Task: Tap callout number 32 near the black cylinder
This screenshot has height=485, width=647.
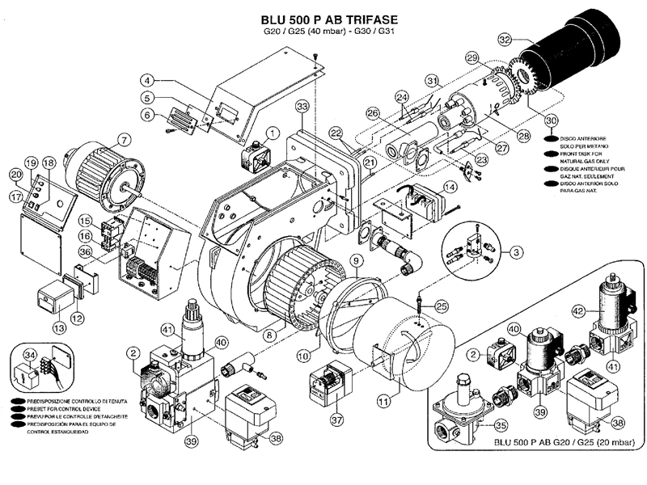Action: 505,38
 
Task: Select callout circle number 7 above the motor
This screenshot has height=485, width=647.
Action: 124,139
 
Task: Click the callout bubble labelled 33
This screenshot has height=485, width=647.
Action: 302,106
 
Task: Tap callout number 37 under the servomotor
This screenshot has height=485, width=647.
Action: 336,420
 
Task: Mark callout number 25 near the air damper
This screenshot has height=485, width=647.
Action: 441,306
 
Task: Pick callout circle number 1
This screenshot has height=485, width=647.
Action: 273,132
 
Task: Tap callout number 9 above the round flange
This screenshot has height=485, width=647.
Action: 354,261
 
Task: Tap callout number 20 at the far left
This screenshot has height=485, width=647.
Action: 15,175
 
